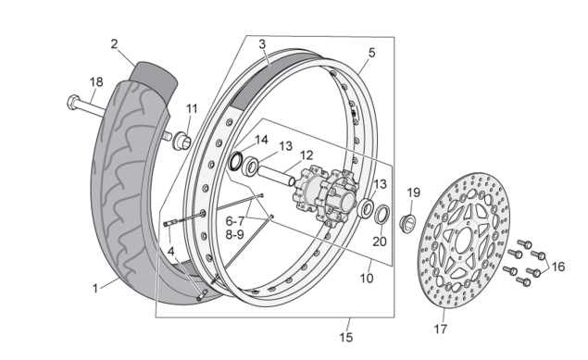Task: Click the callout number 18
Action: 96,82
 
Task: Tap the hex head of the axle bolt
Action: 73,102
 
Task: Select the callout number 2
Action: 114,43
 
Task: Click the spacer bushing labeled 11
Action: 181,140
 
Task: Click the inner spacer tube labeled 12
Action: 276,174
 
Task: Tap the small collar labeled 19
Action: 407,222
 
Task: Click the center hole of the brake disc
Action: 464,241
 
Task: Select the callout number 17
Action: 440,329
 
